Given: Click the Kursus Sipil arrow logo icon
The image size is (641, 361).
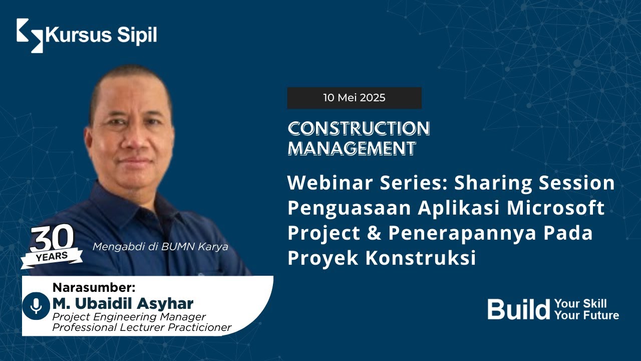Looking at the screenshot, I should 30,36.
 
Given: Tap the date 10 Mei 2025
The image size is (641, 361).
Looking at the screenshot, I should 354,98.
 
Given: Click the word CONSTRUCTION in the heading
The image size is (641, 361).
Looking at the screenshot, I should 359,129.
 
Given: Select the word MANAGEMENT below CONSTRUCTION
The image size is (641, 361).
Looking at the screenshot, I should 352,148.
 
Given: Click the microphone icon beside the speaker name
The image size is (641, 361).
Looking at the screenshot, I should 36,306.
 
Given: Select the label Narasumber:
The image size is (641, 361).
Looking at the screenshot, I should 94,287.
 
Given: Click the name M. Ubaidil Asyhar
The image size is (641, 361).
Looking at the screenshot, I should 123,303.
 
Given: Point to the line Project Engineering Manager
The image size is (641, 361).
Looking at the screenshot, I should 129,317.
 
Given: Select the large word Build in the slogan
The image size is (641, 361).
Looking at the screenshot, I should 519,309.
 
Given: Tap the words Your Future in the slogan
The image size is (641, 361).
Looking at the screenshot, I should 586,315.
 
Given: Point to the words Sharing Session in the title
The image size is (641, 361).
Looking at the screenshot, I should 534,183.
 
